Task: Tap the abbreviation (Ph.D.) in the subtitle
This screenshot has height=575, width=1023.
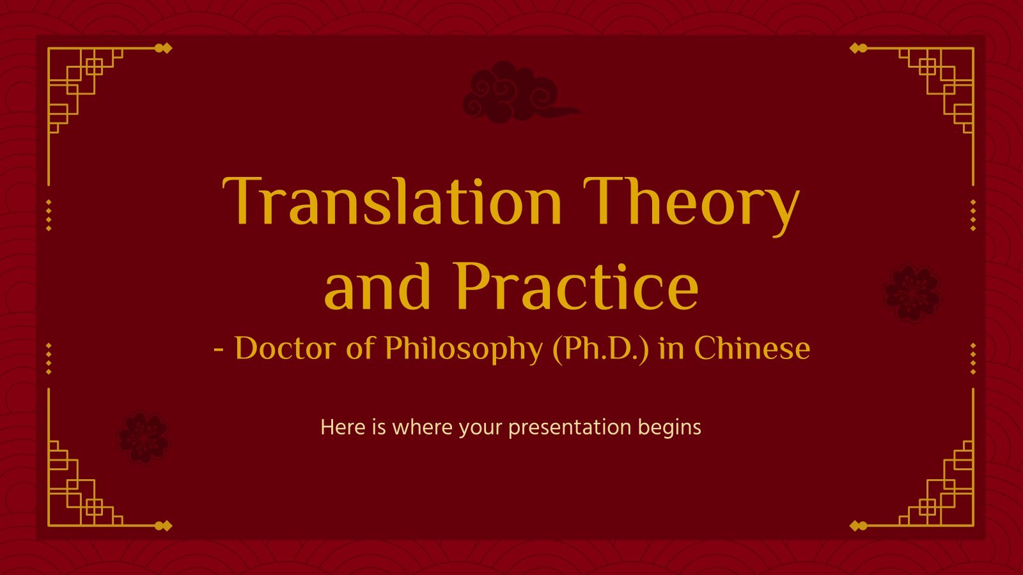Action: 600,349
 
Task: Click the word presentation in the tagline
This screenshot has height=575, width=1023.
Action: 570,428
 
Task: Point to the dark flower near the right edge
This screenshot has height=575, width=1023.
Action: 912,293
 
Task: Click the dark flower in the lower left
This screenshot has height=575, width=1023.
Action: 143,438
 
